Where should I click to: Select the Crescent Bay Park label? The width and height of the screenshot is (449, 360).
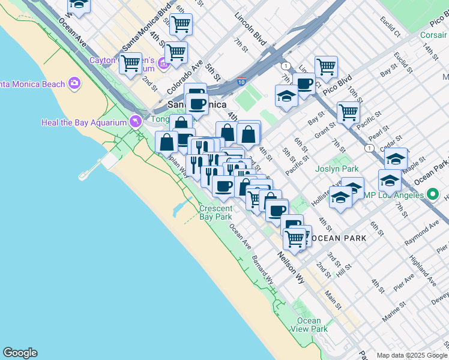(x=215, y=212)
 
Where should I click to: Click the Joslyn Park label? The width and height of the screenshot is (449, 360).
(x=337, y=169)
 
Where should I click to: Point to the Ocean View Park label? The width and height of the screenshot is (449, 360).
(x=309, y=325)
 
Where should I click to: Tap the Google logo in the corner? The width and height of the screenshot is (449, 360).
(x=20, y=353)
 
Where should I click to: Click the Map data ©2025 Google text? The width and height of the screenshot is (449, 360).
(x=412, y=355)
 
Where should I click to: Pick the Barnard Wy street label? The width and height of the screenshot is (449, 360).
(x=263, y=270)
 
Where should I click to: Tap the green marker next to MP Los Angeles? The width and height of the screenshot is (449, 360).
(x=432, y=194)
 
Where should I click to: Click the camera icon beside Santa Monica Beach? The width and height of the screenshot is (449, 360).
(x=74, y=83)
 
